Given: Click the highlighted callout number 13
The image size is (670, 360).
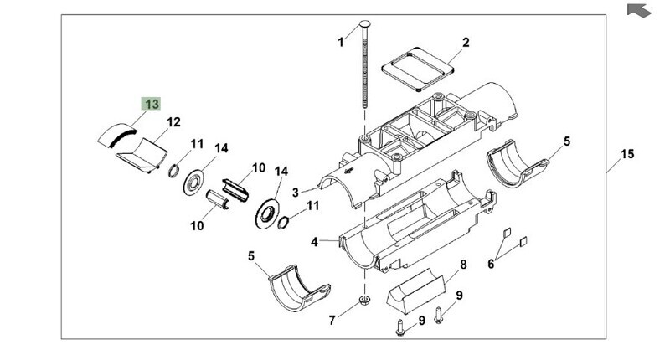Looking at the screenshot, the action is point(152,104).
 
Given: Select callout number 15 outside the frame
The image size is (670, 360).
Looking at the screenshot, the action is point(627,154).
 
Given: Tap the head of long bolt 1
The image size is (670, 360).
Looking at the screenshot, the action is point(366,23).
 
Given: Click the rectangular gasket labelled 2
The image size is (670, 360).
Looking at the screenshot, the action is point(417,69).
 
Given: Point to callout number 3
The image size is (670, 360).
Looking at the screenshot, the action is point(296,193).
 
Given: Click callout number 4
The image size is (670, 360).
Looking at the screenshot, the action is point(315,242).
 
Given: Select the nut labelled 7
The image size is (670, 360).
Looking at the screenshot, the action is point(364,300).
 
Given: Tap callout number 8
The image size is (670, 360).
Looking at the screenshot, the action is point(463,265).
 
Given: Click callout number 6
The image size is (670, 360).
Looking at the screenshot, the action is point(491,264).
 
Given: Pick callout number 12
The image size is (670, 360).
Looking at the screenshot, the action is point(173,122).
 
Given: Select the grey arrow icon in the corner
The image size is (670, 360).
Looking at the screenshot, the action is point(639,10).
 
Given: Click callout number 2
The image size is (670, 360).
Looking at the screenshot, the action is point(466,42).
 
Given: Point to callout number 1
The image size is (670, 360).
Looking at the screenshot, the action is point(341,42).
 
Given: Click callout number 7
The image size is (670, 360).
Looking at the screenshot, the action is point(332,320).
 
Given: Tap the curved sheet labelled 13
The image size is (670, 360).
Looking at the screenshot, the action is point(117,136).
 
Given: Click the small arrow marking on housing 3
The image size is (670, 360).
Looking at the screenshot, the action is point(349,171).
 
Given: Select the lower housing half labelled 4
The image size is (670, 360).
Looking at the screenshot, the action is point(417,223).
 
